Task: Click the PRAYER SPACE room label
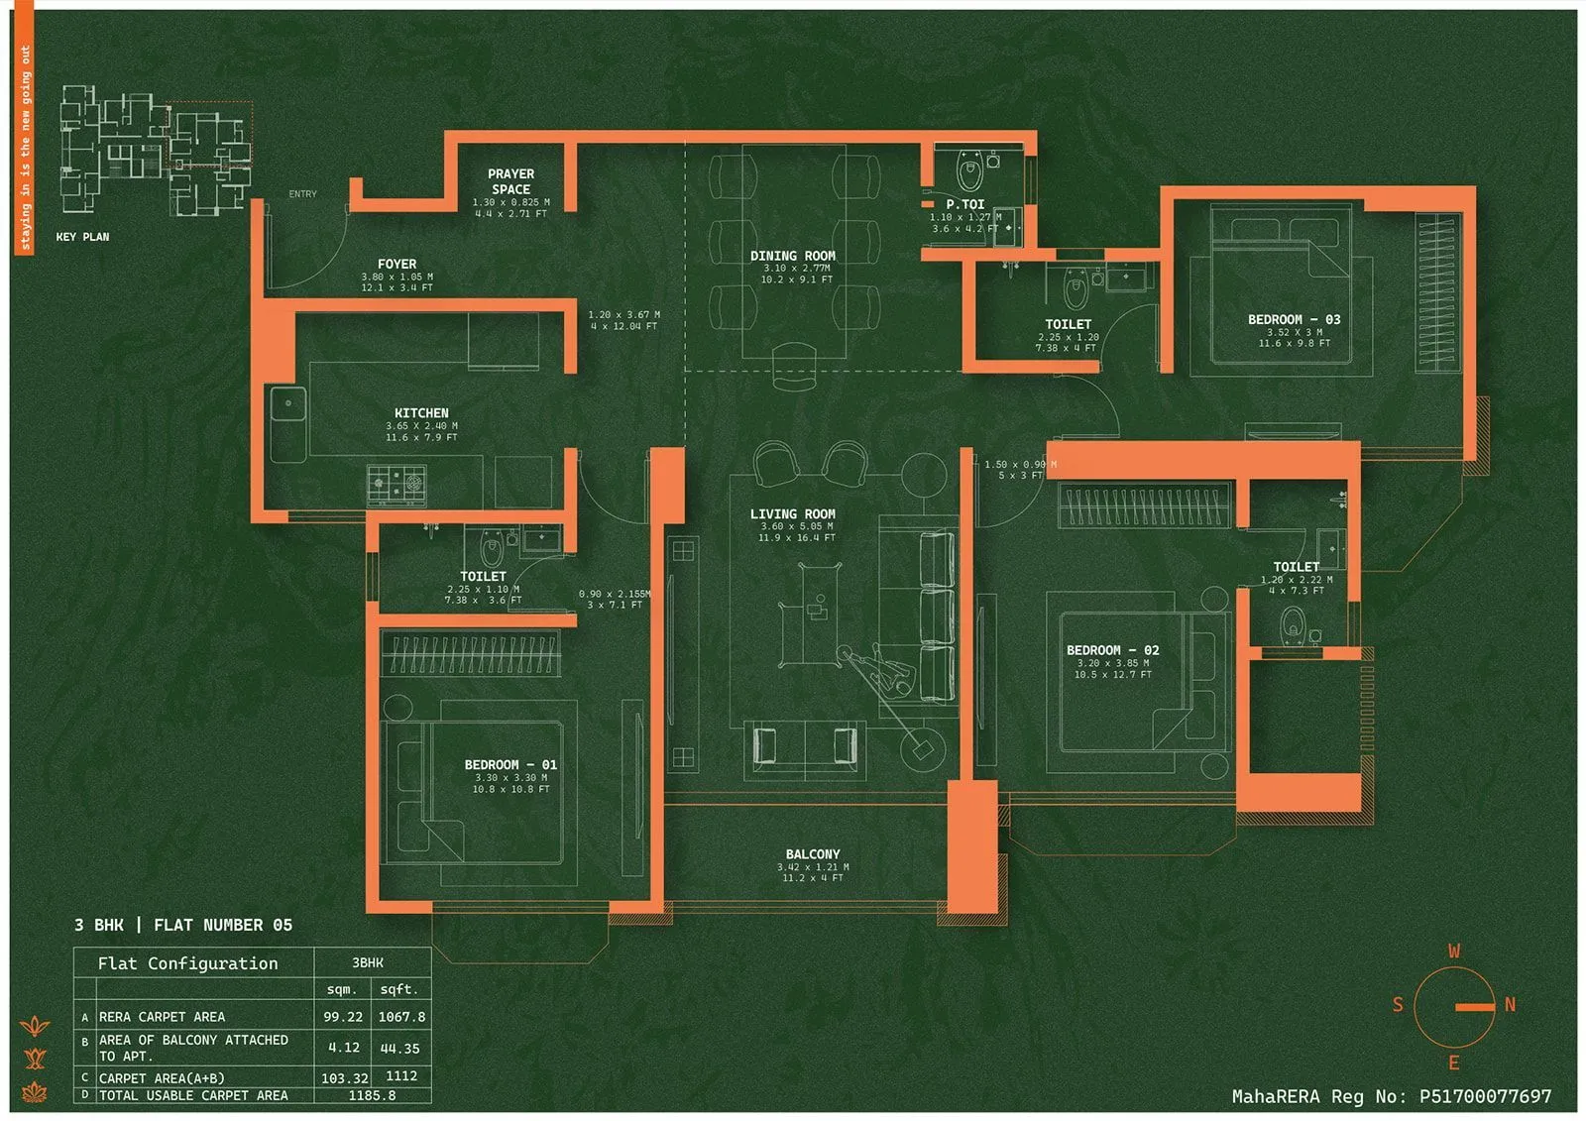[x=510, y=181]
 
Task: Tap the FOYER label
[x=396, y=265]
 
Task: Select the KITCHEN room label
[x=421, y=413]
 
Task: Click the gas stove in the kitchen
[x=396, y=485]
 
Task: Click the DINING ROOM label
[x=792, y=256]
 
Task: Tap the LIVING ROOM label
[x=792, y=514]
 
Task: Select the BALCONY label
[x=812, y=854]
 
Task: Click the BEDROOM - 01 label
[x=510, y=765]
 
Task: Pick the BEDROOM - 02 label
[x=1112, y=651]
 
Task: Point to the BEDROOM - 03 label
[x=1294, y=320]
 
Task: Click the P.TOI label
[x=964, y=205]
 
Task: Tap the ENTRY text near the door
[x=302, y=194]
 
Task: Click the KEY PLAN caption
[x=82, y=237]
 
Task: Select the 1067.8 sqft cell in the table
[x=400, y=1017]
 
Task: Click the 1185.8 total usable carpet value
[x=372, y=1095]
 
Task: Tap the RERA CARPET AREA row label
[x=162, y=1017]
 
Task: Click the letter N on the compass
[x=1510, y=1005]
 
